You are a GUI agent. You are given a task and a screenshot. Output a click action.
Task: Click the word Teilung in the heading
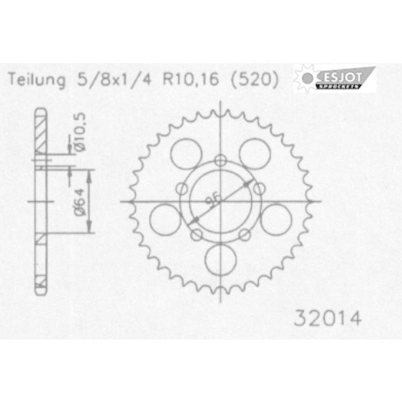click(37, 80)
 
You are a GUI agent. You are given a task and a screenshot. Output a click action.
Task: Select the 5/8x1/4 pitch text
click(114, 80)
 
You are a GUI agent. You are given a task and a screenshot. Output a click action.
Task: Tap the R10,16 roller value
click(190, 79)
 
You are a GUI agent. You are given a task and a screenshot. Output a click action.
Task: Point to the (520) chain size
click(255, 80)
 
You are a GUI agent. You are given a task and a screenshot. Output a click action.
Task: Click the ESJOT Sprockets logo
click(335, 78)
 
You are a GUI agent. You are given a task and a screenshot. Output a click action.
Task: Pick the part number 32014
click(328, 318)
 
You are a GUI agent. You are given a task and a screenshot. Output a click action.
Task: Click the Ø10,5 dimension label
click(80, 132)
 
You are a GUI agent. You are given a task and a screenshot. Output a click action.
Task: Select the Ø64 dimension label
click(80, 202)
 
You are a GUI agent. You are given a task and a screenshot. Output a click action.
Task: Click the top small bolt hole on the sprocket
click(221, 161)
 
